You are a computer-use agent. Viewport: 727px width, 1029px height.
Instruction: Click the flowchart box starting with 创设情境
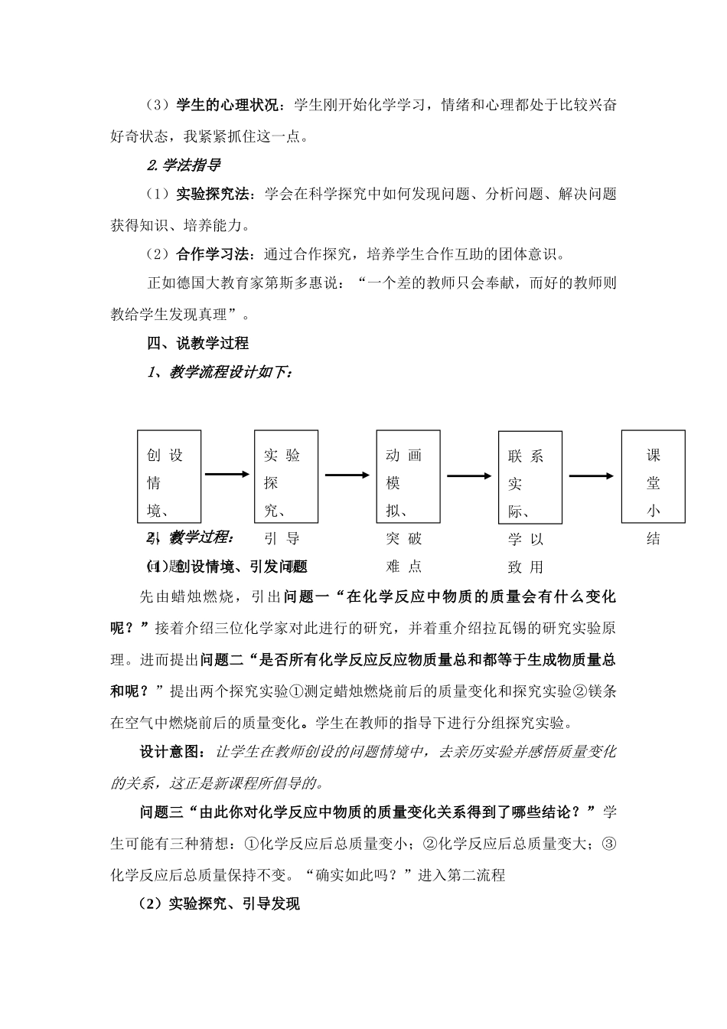[x=169, y=475]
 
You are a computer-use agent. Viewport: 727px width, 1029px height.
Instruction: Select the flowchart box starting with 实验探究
[x=286, y=475]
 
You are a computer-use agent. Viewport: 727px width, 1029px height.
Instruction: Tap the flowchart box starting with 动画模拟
[x=408, y=475]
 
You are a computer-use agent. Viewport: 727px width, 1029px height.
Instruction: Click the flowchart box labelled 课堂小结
[x=653, y=475]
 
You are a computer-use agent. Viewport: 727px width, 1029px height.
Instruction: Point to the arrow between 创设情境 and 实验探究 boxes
[x=227, y=475]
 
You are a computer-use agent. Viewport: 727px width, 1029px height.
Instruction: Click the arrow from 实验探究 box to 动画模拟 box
[x=347, y=475]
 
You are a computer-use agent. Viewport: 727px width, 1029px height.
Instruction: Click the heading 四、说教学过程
[x=198, y=343]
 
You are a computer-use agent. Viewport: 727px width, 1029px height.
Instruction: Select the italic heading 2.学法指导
[x=184, y=165]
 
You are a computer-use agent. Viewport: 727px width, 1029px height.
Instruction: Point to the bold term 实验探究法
[x=213, y=194]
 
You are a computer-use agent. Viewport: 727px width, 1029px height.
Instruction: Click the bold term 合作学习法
[x=213, y=253]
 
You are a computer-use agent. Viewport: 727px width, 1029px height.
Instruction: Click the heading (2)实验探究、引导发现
[x=220, y=904]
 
